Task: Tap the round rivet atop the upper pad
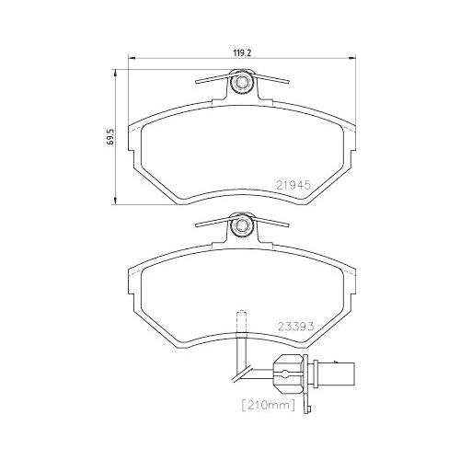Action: click(242, 85)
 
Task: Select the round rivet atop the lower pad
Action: click(242, 224)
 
